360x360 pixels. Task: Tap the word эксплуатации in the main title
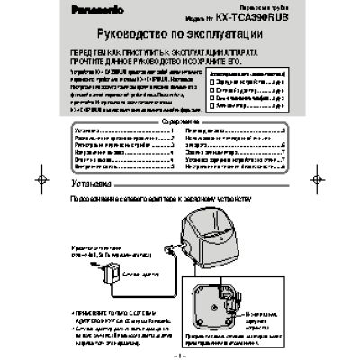click(246, 39)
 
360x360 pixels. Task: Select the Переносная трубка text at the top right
click(269, 13)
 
